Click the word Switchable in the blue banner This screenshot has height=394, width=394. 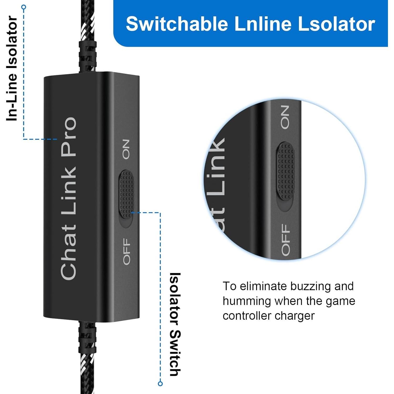pyautogui.click(x=177, y=24)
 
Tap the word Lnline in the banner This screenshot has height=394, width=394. pyautogui.click(x=263, y=24)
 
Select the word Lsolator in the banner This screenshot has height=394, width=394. pyautogui.click(x=336, y=24)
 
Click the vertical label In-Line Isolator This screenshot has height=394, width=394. pyautogui.click(x=12, y=68)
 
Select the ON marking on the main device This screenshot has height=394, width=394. pyautogui.click(x=126, y=149)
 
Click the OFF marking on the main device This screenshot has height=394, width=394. pyautogui.click(x=127, y=251)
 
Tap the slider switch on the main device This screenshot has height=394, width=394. pyautogui.click(x=126, y=194)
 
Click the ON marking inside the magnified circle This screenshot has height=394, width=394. pyautogui.click(x=285, y=117)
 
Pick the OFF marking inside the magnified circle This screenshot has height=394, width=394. pyautogui.click(x=286, y=240)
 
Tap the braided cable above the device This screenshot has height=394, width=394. pyautogui.click(x=87, y=39)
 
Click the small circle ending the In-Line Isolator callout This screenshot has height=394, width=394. pyautogui.click(x=24, y=7)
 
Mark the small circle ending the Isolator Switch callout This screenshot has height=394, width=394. pyautogui.click(x=160, y=383)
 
